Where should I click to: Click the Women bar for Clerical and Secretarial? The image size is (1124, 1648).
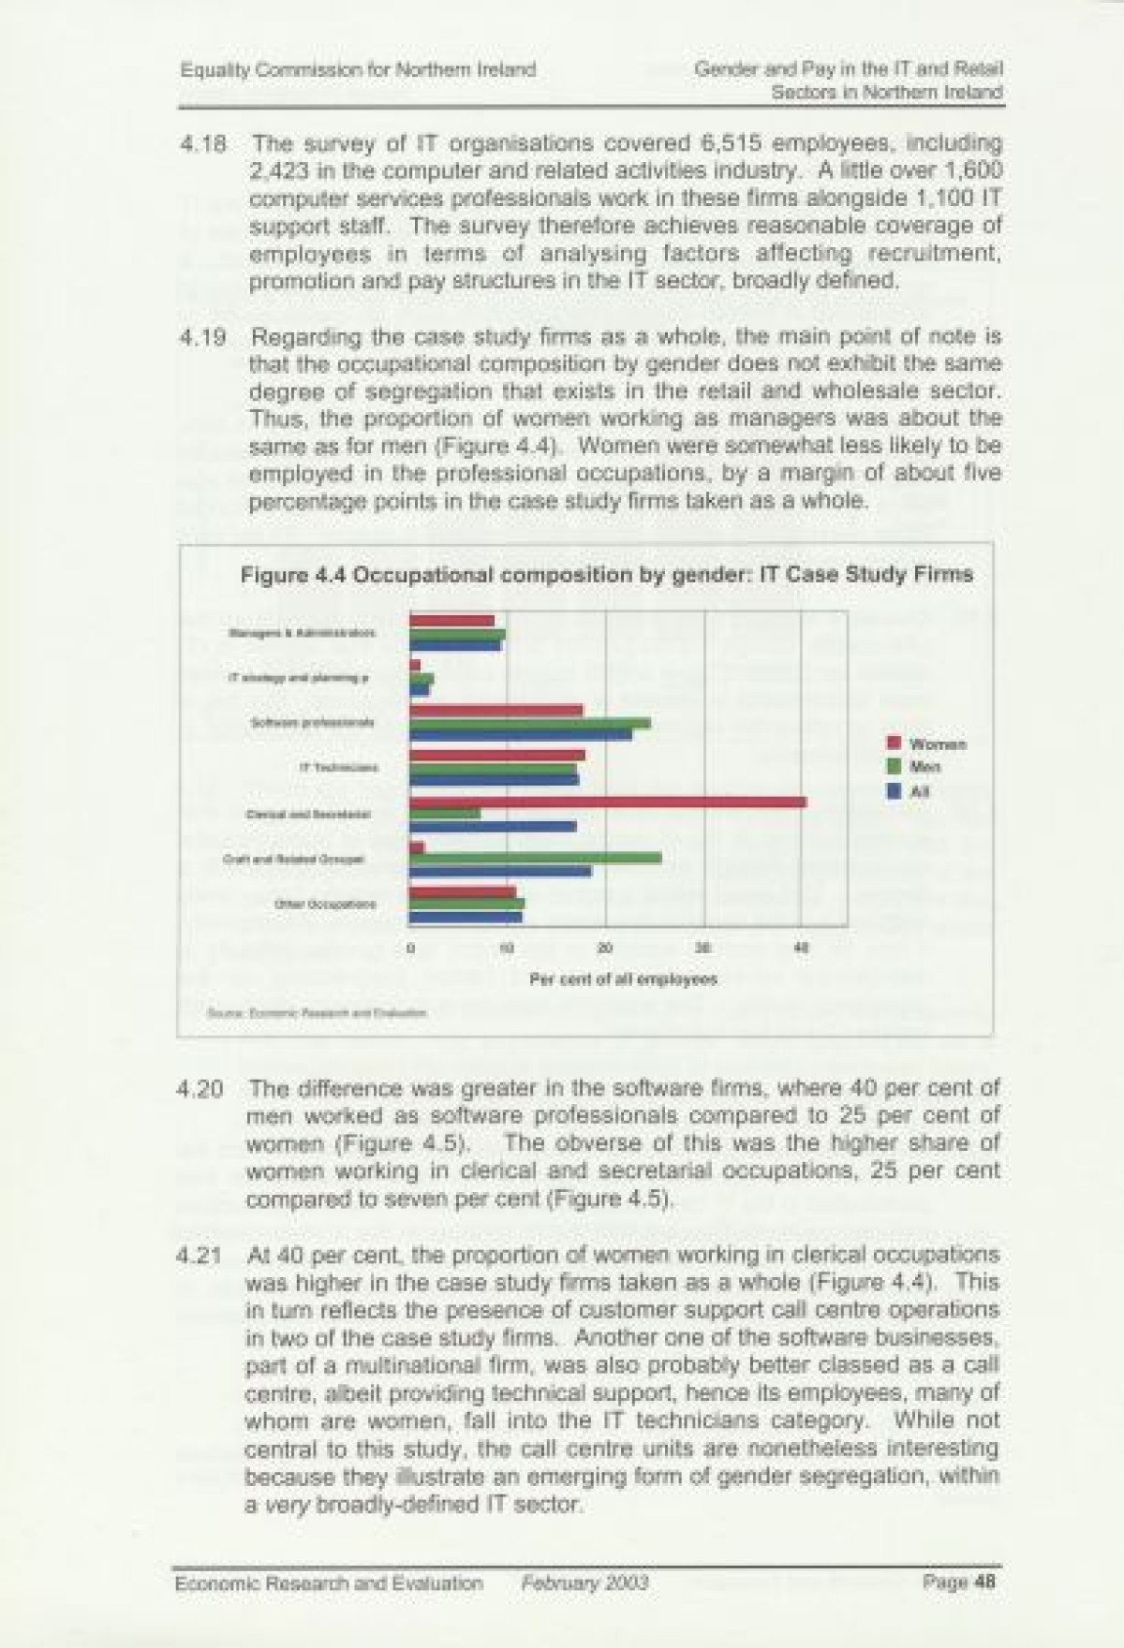(x=609, y=802)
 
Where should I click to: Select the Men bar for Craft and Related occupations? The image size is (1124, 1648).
(x=536, y=859)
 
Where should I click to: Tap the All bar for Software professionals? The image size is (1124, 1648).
(x=521, y=735)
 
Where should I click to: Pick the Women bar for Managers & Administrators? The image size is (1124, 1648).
(x=452, y=621)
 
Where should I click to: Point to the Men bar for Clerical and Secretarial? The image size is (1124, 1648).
(x=446, y=814)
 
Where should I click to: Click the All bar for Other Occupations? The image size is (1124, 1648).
(x=466, y=916)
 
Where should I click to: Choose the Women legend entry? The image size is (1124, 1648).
(x=926, y=744)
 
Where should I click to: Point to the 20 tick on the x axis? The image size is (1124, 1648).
(x=605, y=949)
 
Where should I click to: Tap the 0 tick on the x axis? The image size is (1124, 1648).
(x=410, y=949)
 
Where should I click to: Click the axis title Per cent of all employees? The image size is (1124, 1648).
(x=624, y=979)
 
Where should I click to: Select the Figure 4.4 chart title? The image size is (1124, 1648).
(x=607, y=575)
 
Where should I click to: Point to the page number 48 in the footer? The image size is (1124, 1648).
(x=983, y=1583)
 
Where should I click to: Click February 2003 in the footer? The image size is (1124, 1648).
(x=585, y=1583)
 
